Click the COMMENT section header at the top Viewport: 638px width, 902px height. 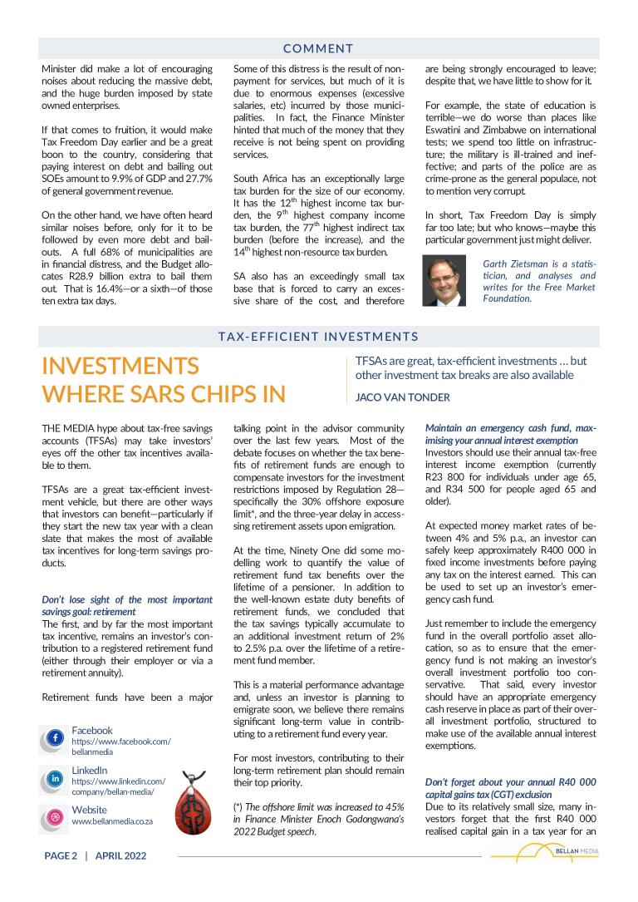click(318, 49)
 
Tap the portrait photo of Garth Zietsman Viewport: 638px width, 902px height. click(444, 280)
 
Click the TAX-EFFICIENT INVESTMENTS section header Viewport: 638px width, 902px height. click(318, 337)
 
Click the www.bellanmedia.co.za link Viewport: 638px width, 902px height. click(112, 821)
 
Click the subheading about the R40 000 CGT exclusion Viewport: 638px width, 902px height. click(510, 789)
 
